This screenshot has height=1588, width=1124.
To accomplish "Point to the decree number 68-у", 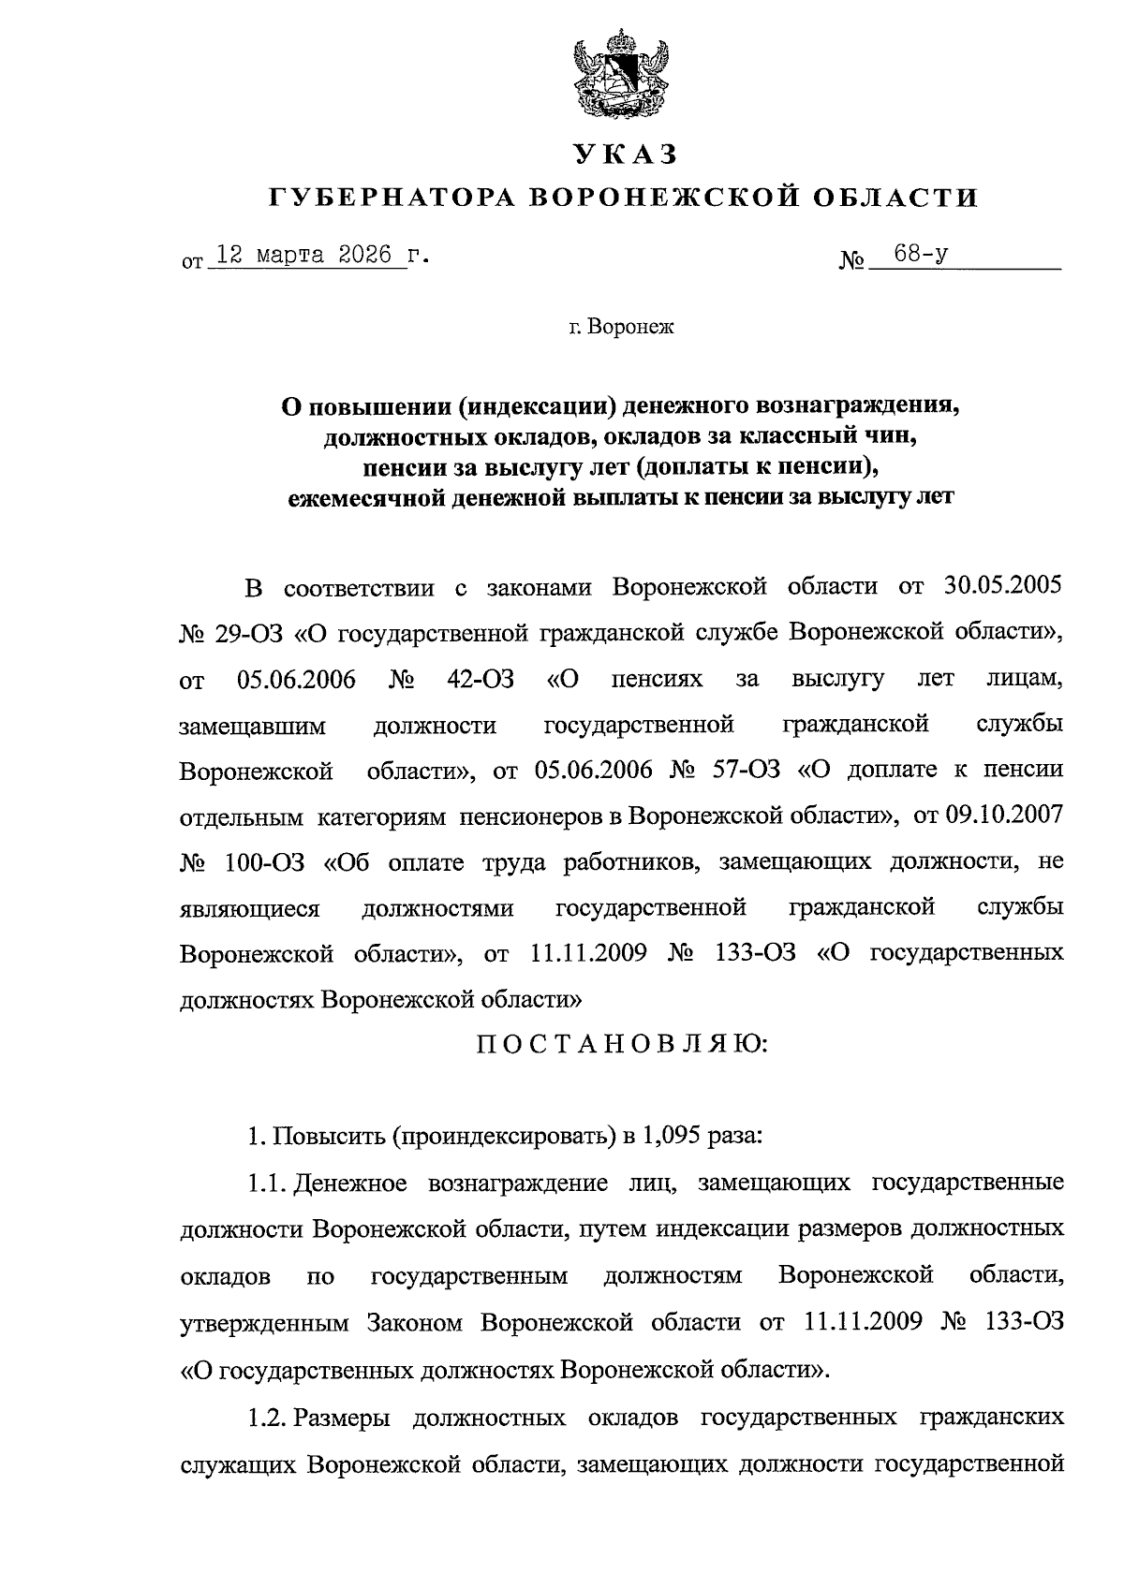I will click(x=920, y=255).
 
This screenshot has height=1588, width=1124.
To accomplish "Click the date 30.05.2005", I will click(x=998, y=587).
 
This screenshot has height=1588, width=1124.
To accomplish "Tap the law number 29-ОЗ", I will click(x=251, y=632).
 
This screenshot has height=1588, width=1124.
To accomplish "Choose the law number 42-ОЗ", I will click(x=481, y=678).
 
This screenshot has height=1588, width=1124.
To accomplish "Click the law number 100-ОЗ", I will click(x=265, y=861).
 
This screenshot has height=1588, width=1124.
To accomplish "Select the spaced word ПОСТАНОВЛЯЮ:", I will click(x=622, y=1044).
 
